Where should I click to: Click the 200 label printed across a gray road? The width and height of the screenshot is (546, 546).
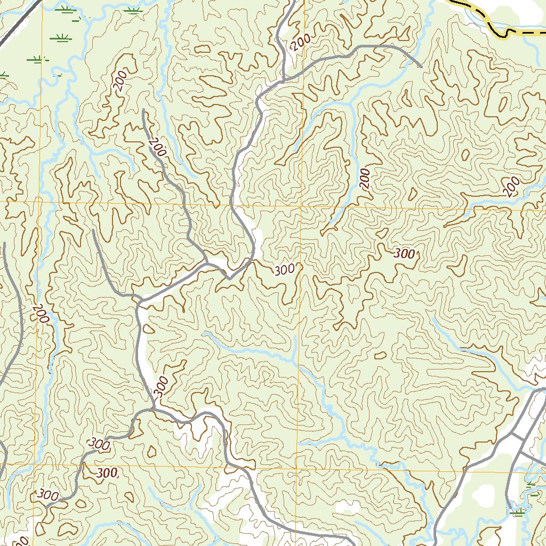[157, 147]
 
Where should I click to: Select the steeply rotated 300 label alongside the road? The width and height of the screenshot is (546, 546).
[162, 385]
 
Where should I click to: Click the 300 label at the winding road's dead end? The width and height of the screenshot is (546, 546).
[48, 495]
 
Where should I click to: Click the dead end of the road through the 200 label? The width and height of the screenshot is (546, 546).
[144, 110]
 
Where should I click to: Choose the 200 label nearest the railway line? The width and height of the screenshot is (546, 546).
[121, 81]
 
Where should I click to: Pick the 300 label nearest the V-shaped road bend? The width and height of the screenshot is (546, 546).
[284, 270]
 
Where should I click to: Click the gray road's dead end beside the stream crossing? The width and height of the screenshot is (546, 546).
[421, 67]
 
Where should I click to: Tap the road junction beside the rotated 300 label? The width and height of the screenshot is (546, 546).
[154, 409]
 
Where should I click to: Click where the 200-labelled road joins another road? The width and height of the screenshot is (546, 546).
[207, 262]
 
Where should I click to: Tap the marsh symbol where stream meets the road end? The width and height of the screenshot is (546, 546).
[516, 513]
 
